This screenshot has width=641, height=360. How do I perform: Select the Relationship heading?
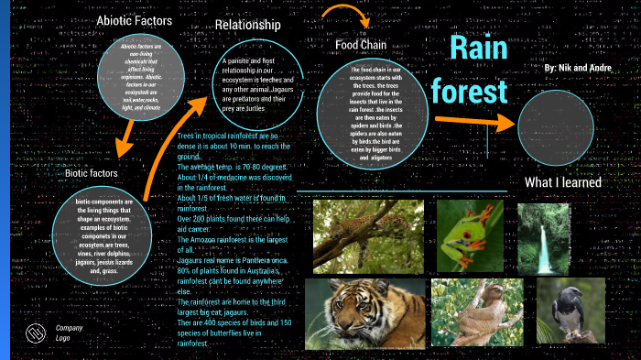point(247,25)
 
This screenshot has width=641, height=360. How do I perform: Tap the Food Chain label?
point(361,45)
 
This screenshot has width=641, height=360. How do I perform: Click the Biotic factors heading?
point(91,173)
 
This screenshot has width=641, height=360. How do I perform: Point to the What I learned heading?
point(562,182)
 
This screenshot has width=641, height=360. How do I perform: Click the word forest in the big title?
point(469,92)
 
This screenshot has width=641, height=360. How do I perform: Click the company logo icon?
point(35,332)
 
